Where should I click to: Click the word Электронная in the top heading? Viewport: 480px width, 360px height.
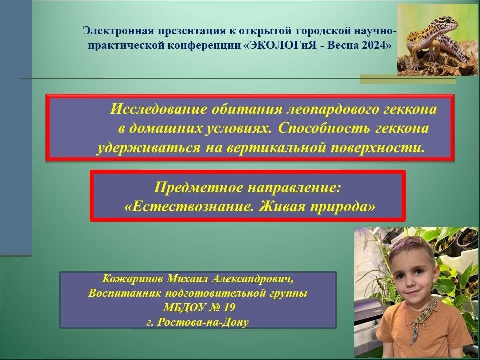tap(119, 31)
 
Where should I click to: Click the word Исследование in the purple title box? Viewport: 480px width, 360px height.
tap(158, 109)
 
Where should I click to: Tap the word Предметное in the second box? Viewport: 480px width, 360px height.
tap(199, 187)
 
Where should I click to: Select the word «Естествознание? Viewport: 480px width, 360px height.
tap(190, 207)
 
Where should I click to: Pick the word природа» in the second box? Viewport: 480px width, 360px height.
tap(343, 207)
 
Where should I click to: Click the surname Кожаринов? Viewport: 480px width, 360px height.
tap(132, 279)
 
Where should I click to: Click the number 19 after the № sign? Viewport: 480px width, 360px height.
tap(229, 307)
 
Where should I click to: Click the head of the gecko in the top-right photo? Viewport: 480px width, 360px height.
tap(448, 23)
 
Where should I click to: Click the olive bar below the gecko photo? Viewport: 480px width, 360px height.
tap(408, 79)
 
